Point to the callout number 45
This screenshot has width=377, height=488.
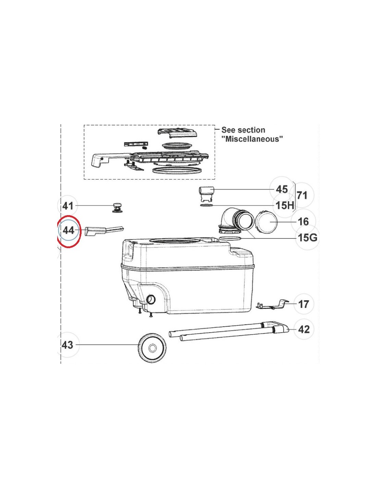click(282, 189)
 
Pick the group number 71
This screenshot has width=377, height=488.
click(302, 195)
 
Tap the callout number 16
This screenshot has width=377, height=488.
click(303, 222)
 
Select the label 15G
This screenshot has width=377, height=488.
click(307, 237)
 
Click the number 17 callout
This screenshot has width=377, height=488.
click(303, 304)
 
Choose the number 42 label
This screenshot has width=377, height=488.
click(304, 329)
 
